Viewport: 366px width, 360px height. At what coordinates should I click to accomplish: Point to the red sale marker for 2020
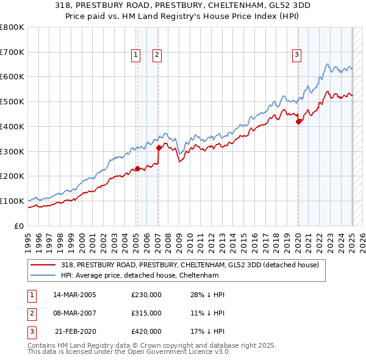pyautogui.click(x=299, y=121)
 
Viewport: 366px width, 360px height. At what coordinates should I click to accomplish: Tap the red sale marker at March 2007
pyautogui.click(x=159, y=147)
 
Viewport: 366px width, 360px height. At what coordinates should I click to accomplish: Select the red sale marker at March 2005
pyautogui.click(x=137, y=168)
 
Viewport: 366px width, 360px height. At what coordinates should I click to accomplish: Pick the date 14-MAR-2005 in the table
pyautogui.click(x=74, y=295)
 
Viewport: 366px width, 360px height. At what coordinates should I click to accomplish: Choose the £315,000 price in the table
pyautogui.click(x=146, y=313)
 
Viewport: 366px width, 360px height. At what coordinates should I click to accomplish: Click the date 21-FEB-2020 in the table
pyautogui.click(x=76, y=331)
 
